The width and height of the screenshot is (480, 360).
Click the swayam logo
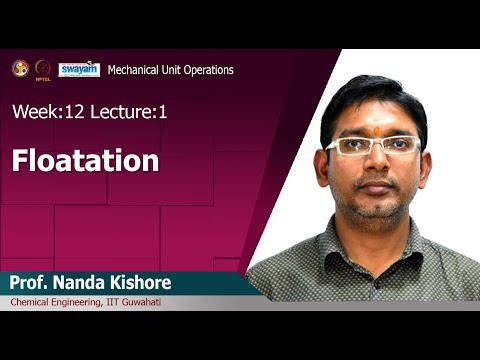(78, 69)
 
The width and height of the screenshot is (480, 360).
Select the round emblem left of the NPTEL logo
(19, 68)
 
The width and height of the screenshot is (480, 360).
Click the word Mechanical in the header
(135, 70)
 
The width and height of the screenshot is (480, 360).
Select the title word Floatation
(86, 160)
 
